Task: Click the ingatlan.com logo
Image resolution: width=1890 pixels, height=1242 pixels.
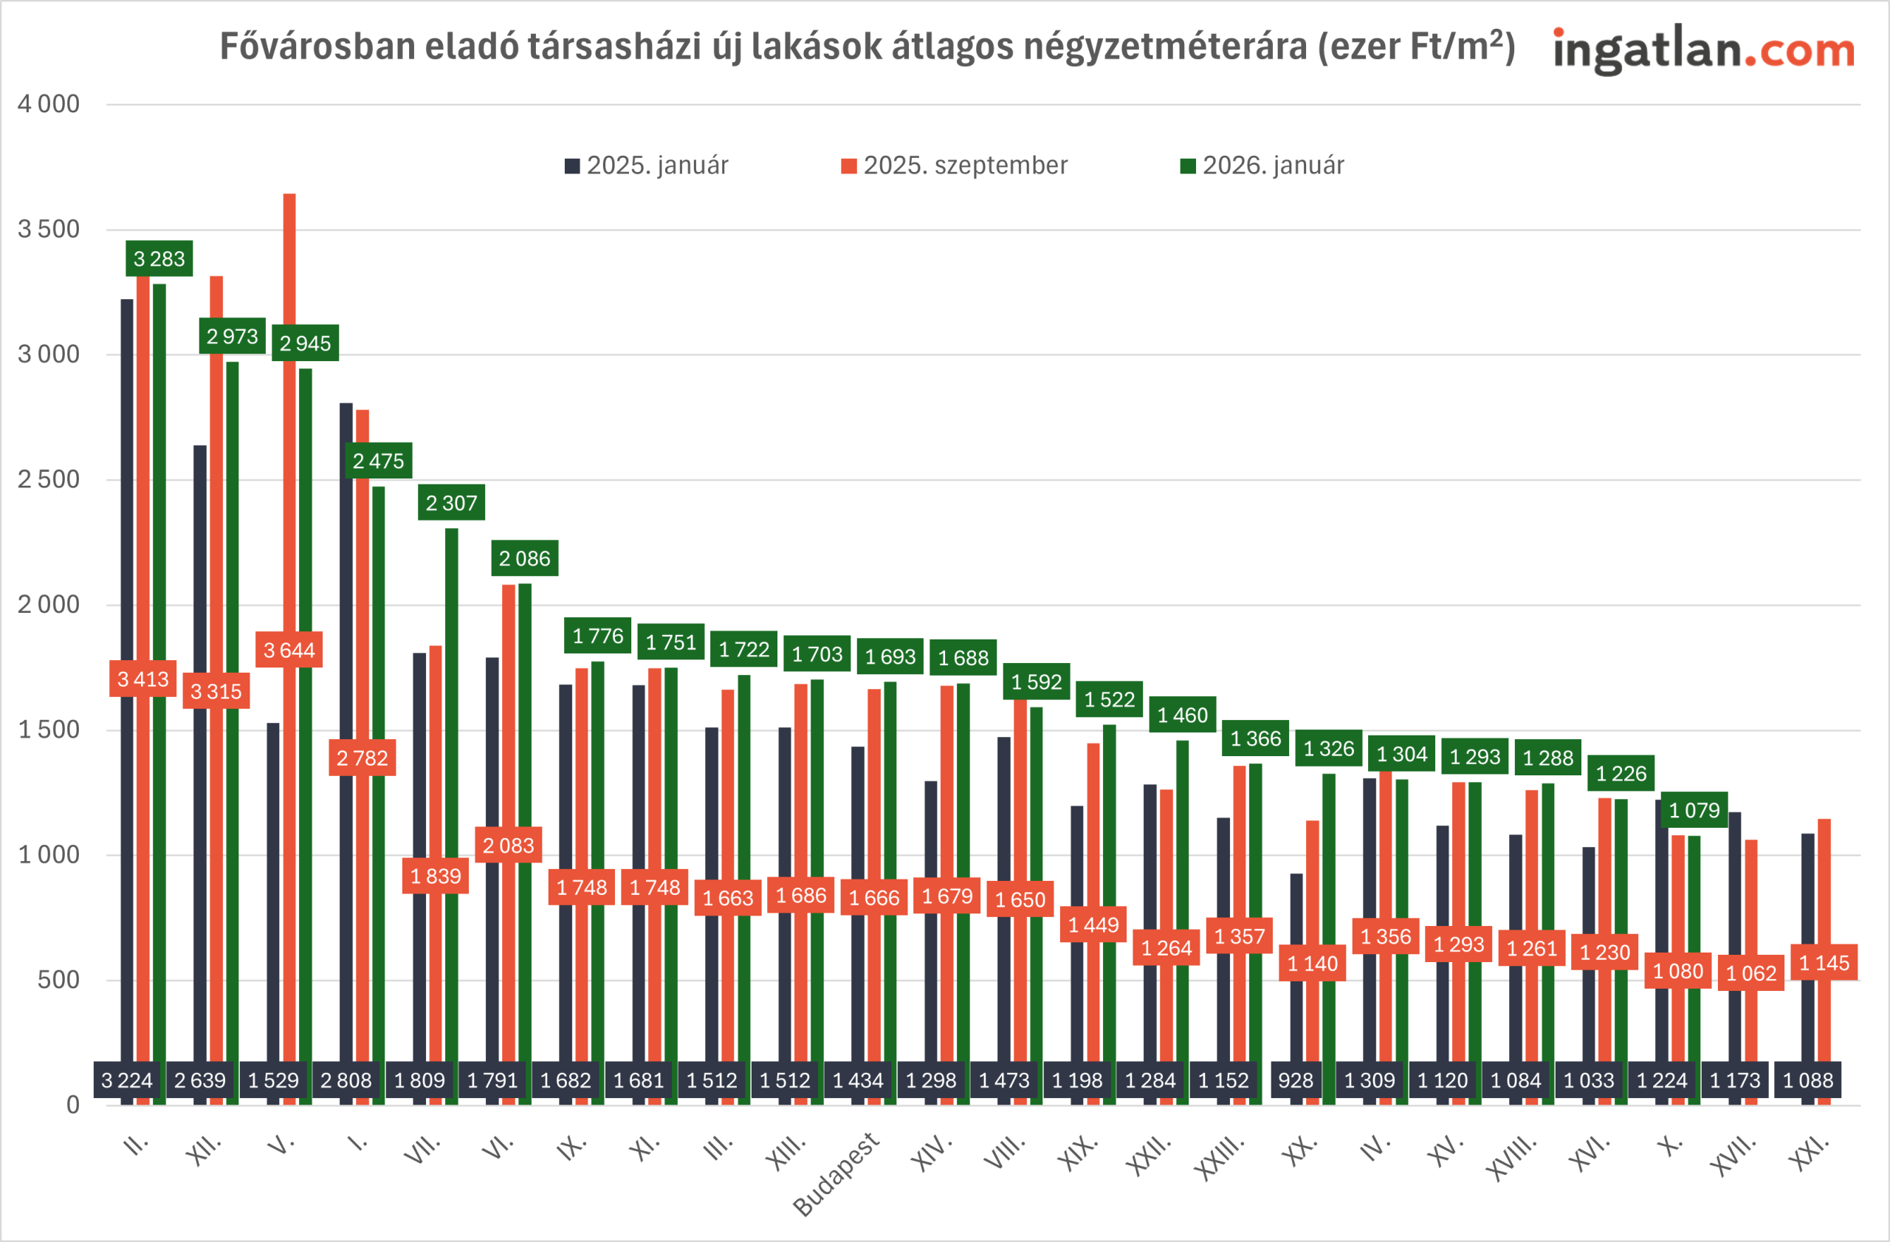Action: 1703,49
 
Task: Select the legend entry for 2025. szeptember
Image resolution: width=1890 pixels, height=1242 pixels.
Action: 954,165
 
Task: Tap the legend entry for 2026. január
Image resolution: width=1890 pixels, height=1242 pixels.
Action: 1262,165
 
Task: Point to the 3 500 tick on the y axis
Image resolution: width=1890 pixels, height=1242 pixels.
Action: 49,230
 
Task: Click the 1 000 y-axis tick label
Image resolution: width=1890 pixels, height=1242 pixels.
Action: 49,855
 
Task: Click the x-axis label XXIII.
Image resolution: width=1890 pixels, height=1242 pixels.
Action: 1220,1159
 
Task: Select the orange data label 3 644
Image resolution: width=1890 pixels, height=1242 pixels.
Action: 289,651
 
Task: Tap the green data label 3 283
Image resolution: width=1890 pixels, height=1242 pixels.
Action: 159,259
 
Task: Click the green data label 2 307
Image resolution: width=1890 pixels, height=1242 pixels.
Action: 451,504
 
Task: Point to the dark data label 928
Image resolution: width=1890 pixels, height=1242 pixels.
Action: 1295,1081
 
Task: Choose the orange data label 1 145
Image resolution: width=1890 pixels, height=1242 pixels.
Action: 1824,964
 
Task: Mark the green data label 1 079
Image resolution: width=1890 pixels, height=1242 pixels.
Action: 1694,810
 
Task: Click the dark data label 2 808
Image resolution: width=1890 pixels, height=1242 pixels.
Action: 346,1081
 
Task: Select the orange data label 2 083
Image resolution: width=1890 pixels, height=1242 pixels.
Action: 508,845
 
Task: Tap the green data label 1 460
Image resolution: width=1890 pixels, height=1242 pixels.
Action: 1183,716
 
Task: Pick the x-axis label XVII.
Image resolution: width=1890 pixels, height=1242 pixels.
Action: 1733,1156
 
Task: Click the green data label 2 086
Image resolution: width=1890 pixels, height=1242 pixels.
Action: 524,559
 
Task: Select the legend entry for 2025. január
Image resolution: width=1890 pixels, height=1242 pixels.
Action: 647,165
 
